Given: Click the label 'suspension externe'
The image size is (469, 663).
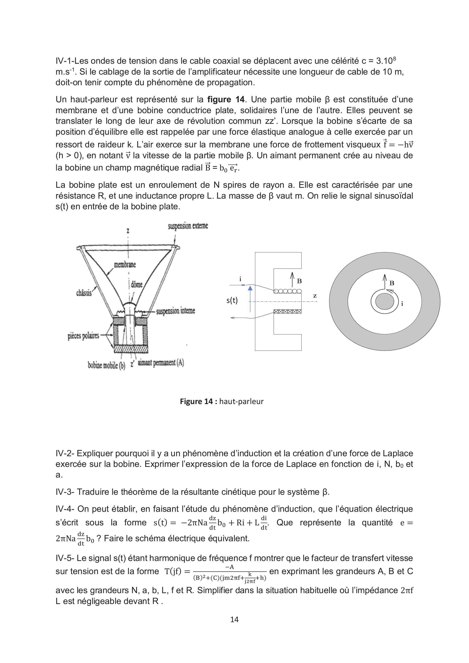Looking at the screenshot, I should (188, 226).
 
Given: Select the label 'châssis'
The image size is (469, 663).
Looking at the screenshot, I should (84, 293).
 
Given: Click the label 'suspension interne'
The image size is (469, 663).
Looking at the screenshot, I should (175, 311).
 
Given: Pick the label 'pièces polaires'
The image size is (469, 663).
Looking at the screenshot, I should (83, 336).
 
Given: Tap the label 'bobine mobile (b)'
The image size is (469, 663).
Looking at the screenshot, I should (106, 365).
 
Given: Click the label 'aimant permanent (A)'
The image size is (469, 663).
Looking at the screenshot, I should (161, 363).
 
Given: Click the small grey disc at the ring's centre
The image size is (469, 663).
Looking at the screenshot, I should (385, 302).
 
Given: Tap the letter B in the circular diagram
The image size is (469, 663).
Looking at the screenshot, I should (392, 283).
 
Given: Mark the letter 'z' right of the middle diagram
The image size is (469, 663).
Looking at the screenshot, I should (315, 296).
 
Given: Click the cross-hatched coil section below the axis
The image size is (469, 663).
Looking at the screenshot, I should (287, 312).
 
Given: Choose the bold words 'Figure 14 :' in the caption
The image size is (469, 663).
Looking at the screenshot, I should (198, 401).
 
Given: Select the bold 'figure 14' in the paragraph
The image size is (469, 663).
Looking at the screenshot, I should (226, 99).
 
